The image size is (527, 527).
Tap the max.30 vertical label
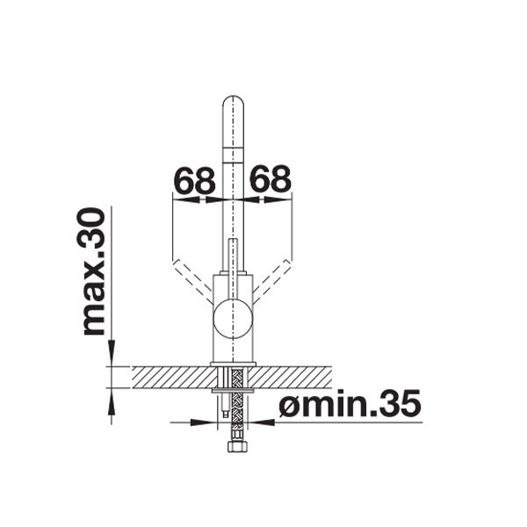pos(94,271)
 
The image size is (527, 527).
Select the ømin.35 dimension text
pos(350,402)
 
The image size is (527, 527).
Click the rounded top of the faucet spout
pos(234,101)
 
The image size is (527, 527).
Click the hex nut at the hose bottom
pos(237,446)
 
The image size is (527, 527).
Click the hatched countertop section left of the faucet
pos(173,377)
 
